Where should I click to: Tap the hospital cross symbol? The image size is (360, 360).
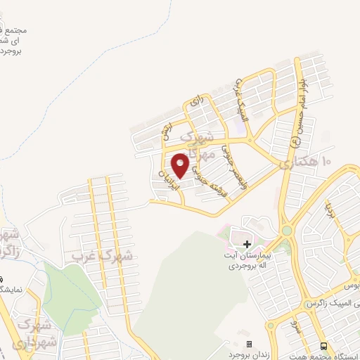[247, 244]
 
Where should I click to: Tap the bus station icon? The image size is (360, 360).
[323, 346]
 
